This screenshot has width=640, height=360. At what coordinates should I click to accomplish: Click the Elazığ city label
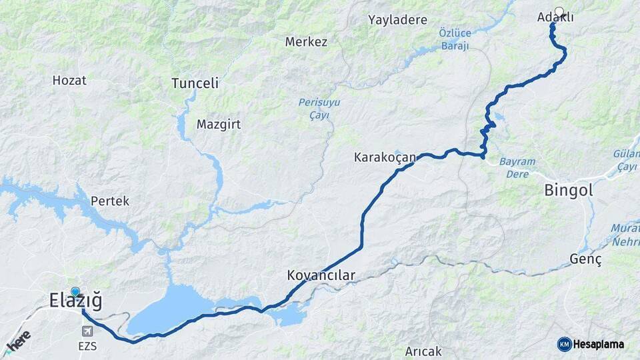(x=75, y=302)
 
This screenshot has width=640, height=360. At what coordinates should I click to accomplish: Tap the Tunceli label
(x=195, y=83)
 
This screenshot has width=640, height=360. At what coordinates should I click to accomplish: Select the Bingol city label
(x=568, y=190)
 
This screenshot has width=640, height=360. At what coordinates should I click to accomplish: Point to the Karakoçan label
(x=385, y=158)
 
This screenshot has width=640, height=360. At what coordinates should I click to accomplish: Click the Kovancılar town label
(x=321, y=275)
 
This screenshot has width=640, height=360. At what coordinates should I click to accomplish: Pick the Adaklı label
(x=555, y=18)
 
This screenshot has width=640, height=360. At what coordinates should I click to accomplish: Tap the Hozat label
(x=69, y=80)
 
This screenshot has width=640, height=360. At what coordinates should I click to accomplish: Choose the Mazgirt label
(x=218, y=124)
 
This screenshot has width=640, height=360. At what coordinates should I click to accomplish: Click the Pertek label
(x=110, y=201)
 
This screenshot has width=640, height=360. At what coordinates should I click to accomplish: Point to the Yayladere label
(x=397, y=20)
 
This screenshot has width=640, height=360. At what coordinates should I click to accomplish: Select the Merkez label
(x=306, y=42)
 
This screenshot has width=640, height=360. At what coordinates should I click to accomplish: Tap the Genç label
(x=586, y=259)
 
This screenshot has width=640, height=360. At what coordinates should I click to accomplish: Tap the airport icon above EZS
(x=87, y=331)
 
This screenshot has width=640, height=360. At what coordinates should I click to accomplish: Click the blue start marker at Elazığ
(x=75, y=292)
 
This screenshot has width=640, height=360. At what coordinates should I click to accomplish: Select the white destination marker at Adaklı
(x=559, y=11)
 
